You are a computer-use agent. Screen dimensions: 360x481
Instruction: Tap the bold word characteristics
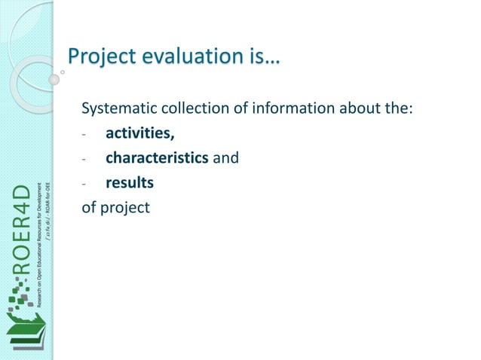tap(157, 159)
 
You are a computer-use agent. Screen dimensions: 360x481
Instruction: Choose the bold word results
tap(130, 182)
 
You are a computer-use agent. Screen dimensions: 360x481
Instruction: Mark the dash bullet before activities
tap(85, 136)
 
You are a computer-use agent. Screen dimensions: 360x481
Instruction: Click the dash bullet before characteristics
tap(85, 160)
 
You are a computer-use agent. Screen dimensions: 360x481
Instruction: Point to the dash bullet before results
tap(85, 183)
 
